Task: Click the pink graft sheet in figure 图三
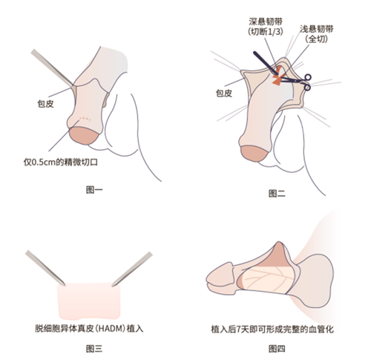coord(88,301)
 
